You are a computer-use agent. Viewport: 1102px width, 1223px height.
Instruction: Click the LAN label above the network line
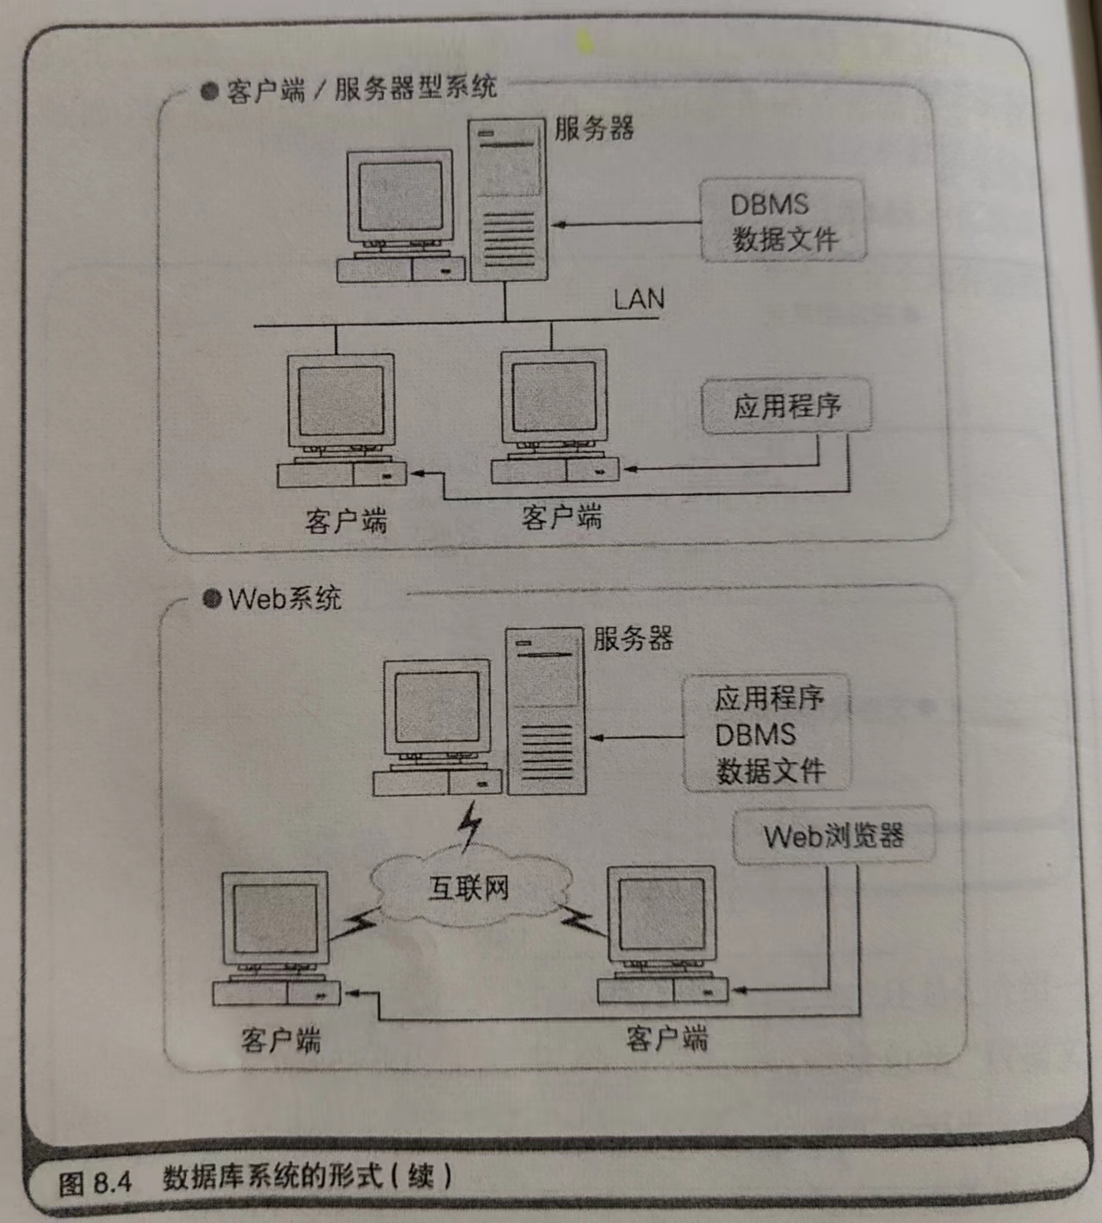point(639,299)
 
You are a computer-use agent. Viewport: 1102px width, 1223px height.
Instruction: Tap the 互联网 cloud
point(470,888)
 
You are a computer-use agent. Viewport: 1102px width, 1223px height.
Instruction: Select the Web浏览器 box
point(833,835)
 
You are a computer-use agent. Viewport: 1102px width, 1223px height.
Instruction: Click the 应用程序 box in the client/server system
point(786,406)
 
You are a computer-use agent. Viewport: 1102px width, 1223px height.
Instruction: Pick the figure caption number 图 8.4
point(95,1182)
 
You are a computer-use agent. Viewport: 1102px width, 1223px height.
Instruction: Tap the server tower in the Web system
point(546,711)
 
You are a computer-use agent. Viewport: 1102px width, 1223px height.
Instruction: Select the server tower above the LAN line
point(508,200)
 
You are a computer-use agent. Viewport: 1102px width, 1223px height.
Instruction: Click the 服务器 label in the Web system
point(633,638)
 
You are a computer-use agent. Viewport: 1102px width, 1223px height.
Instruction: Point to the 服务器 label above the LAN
point(594,129)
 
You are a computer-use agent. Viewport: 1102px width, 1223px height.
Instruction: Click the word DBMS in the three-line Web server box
point(755,735)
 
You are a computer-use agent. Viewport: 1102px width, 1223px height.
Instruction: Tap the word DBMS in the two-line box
point(770,205)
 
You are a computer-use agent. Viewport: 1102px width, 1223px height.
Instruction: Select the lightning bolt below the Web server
point(470,825)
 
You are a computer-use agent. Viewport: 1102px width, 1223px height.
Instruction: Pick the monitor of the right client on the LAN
point(554,397)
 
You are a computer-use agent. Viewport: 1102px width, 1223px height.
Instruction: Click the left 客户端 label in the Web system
point(281,1040)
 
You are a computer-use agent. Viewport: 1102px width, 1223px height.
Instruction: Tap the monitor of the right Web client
point(661,916)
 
